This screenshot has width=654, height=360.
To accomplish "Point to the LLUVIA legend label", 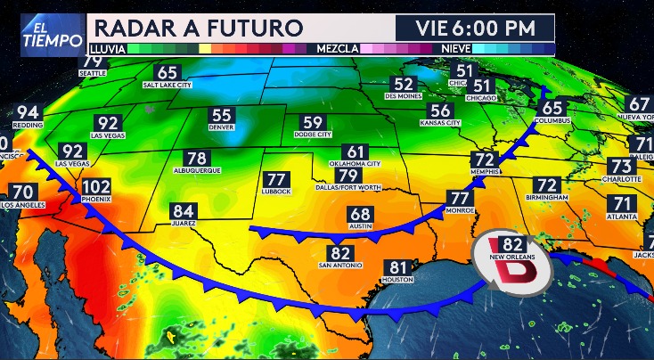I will click(107, 49).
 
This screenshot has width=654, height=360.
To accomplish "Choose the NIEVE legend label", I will click(456, 49).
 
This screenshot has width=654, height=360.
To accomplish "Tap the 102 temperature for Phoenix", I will click(96, 188).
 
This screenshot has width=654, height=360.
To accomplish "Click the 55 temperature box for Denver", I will click(222, 116).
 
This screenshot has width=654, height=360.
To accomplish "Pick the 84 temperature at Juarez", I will click(184, 211).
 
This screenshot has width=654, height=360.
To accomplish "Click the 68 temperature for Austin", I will click(360, 215).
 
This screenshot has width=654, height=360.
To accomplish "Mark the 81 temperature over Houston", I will click(398, 267).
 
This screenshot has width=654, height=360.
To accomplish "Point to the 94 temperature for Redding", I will click(28, 113).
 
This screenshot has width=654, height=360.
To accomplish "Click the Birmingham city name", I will click(547, 196).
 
